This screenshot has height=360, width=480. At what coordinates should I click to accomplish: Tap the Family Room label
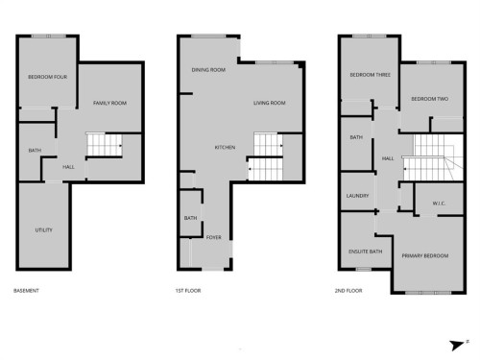110,103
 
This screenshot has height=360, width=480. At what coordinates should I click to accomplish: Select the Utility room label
44,230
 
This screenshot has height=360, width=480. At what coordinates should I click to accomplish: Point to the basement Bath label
35,151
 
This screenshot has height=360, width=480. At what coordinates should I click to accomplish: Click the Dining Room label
208,70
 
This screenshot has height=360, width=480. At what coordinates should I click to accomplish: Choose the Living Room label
270,103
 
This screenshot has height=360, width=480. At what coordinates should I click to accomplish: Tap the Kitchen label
226,147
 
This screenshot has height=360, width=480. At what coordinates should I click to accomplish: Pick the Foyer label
213,237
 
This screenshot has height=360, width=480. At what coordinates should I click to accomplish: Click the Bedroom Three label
369,75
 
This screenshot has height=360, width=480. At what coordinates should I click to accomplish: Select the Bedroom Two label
430,99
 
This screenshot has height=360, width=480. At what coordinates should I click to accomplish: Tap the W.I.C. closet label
440,204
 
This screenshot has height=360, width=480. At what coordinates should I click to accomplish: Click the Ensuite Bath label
365,252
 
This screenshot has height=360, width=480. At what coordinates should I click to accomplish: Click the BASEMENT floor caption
27,290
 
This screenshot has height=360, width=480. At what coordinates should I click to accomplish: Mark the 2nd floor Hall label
388,158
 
